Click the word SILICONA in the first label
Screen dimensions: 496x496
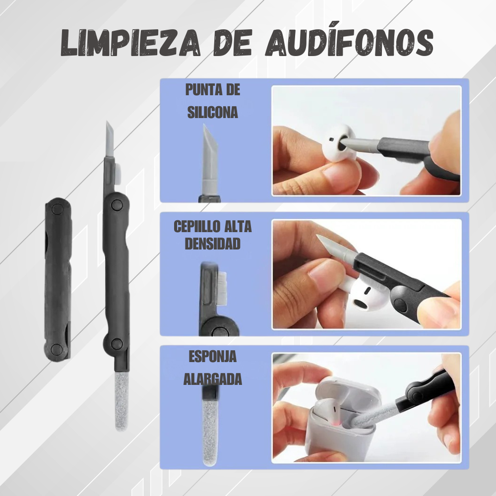tap(212, 112)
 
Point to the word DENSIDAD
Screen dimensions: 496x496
tap(212, 244)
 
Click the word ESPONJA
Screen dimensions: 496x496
tap(212, 357)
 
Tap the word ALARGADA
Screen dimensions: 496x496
tap(212, 379)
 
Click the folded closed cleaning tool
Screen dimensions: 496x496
tap(58, 278)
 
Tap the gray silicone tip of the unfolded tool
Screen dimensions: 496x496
tap(109, 141)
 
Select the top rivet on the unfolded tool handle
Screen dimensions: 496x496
tap(117, 204)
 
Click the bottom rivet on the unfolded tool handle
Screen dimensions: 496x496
tap(117, 343)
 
